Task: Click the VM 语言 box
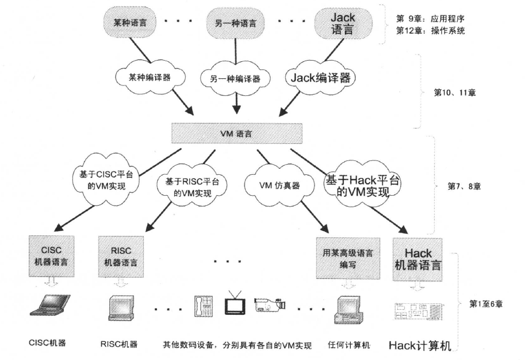[237, 133]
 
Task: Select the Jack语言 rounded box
[343, 23]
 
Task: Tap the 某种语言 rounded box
[130, 23]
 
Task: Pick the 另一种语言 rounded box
[235, 23]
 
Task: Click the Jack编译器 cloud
[321, 78]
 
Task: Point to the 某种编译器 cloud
[150, 78]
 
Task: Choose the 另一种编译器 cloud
[236, 79]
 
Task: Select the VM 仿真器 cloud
[279, 185]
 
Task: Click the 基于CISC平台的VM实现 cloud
[106, 180]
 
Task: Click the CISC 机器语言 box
[51, 256]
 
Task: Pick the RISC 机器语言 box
[121, 256]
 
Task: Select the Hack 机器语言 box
[417, 260]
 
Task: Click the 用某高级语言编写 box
[348, 258]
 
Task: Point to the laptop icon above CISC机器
[50, 305]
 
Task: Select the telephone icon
[204, 305]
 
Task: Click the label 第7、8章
[464, 186]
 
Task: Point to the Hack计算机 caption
[420, 345]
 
